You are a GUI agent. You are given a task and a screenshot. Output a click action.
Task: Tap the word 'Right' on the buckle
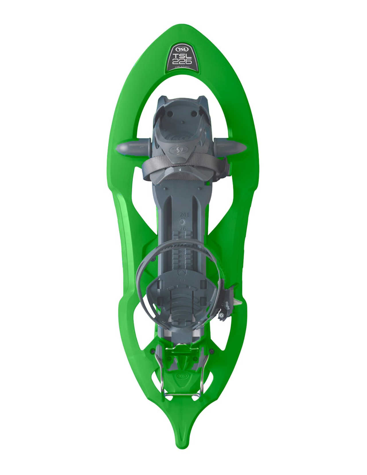tap(229, 304)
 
